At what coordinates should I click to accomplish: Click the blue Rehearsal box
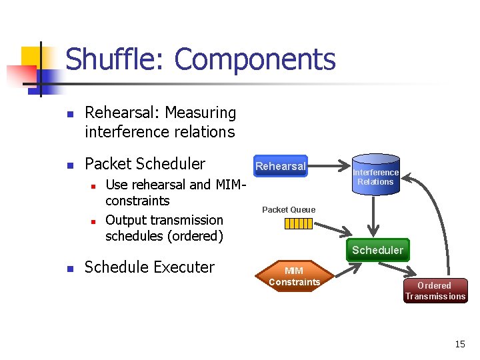(280, 166)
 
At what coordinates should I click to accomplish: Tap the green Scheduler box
(377, 250)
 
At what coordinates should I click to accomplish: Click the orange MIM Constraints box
(294, 277)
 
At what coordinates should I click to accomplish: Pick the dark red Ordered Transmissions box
(435, 291)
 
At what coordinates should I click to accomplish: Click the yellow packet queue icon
(298, 223)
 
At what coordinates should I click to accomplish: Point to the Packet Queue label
(289, 210)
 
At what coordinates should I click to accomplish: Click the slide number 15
(460, 344)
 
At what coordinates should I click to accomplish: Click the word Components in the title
(255, 59)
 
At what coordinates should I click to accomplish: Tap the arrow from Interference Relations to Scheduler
(375, 217)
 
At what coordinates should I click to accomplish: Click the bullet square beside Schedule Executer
(70, 268)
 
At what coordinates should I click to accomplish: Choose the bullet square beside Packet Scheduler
(70, 165)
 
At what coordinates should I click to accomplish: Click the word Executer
(184, 267)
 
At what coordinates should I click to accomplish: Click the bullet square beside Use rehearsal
(94, 185)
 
